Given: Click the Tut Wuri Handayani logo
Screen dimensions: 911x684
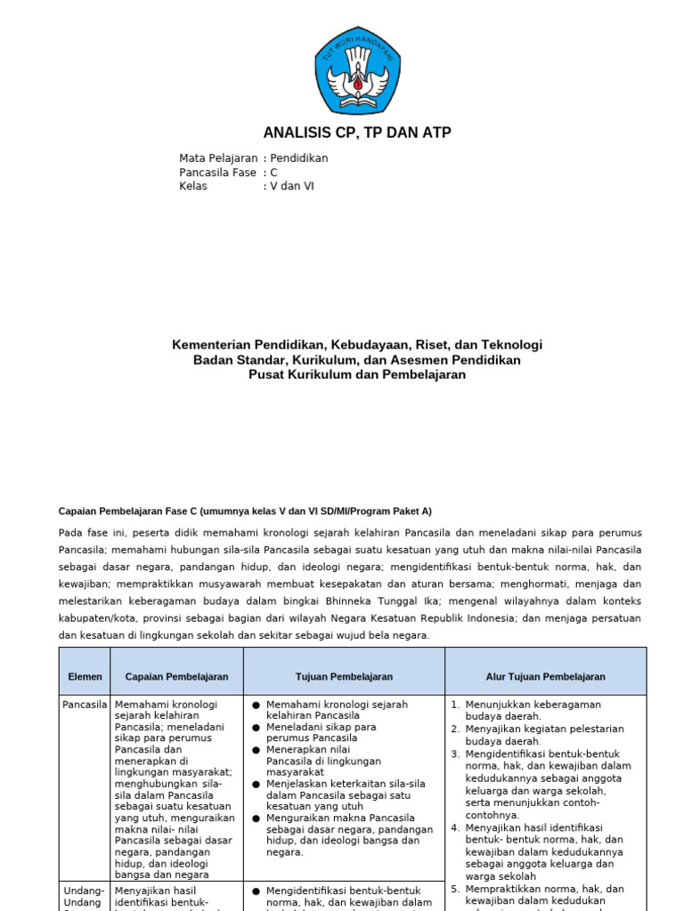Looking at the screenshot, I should pyautogui.click(x=357, y=70).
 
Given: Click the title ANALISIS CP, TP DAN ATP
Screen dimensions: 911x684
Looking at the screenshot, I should pyautogui.click(x=357, y=133).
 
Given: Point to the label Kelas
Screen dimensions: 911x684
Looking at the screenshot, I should pyautogui.click(x=193, y=187).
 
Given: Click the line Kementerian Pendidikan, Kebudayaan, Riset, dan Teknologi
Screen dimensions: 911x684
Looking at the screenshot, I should pyautogui.click(x=357, y=345).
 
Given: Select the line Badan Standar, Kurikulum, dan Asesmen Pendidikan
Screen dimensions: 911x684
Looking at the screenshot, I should pyautogui.click(x=357, y=360).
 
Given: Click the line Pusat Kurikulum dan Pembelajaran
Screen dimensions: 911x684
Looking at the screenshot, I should pyautogui.click(x=357, y=375).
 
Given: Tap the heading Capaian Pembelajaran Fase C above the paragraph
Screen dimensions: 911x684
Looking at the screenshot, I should pyautogui.click(x=245, y=512).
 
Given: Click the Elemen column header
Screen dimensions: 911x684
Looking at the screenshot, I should pyautogui.click(x=85, y=677).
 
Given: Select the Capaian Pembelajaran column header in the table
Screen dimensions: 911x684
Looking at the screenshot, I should pyautogui.click(x=176, y=677).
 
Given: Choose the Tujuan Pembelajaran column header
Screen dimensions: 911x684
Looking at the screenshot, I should pyautogui.click(x=343, y=677).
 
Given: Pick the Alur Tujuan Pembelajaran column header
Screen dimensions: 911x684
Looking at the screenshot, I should pyautogui.click(x=545, y=677).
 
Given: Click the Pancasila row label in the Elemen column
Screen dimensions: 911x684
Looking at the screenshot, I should pyautogui.click(x=85, y=705).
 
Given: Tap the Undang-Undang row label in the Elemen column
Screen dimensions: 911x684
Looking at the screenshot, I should pyautogui.click(x=85, y=897).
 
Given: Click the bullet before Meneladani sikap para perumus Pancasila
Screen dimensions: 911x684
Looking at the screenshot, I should pyautogui.click(x=256, y=727).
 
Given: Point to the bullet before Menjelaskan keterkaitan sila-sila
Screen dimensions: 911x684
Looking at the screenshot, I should pyautogui.click(x=256, y=784).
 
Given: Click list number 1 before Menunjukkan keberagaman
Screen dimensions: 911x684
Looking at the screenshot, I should pyautogui.click(x=455, y=705).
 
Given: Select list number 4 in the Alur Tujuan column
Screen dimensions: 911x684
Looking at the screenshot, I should pyautogui.click(x=455, y=827).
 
